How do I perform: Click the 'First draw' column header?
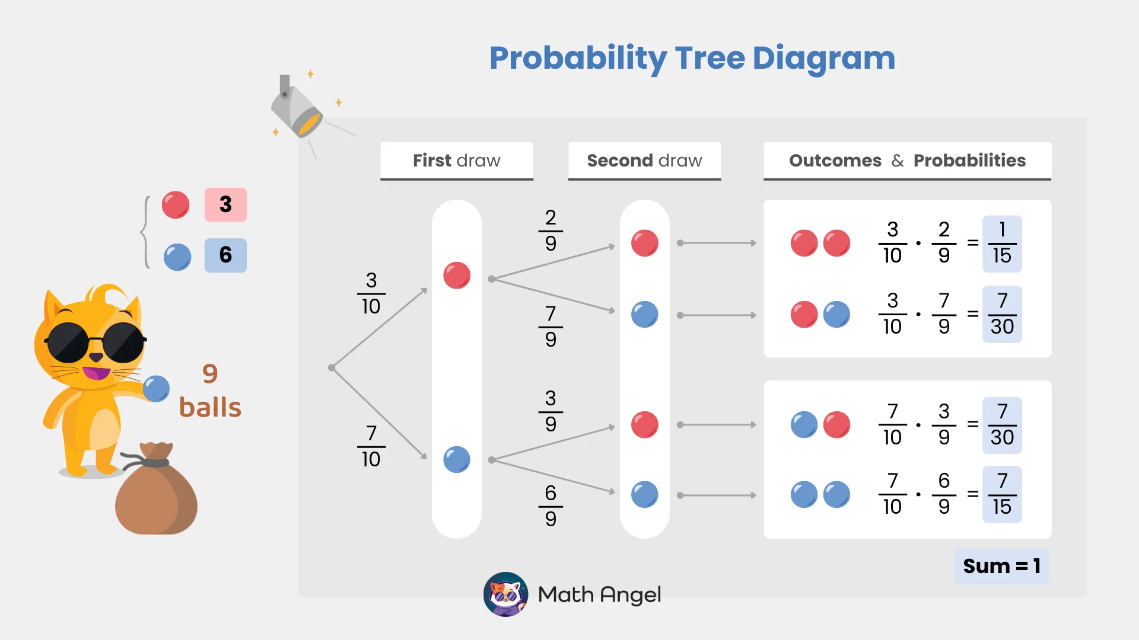tap(456, 161)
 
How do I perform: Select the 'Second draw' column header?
tap(644, 161)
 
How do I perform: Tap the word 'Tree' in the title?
tap(710, 58)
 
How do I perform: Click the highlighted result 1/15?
tap(1001, 244)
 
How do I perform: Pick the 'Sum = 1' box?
tap(1001, 567)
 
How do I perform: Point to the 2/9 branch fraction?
tap(551, 230)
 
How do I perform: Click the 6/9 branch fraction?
tap(551, 505)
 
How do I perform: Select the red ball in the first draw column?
tap(457, 276)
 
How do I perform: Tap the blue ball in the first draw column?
tap(457, 460)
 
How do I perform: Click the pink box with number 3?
tap(225, 204)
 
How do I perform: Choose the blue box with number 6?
tap(225, 255)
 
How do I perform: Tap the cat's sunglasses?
tap(95, 342)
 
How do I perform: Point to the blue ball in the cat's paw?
tap(157, 389)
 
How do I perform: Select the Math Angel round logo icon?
tap(505, 594)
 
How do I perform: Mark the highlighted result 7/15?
tap(1001, 494)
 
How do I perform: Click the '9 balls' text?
tap(210, 391)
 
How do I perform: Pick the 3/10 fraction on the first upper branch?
tap(371, 293)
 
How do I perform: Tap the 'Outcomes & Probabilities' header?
tap(907, 161)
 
